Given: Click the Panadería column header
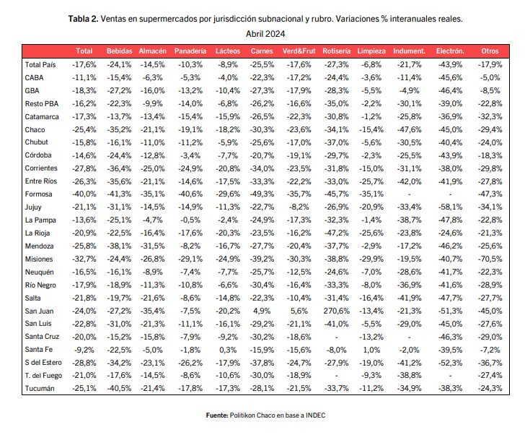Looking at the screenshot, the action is (x=190, y=51).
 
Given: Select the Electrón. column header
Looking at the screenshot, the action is (x=450, y=51).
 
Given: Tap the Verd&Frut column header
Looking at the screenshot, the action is (x=299, y=51).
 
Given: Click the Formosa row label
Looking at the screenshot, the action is (x=38, y=194).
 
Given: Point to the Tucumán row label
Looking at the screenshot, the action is (x=40, y=389).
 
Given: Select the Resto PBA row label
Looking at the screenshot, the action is (x=42, y=103).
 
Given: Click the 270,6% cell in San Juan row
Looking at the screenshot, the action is (x=337, y=311).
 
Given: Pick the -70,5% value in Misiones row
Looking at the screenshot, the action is (x=490, y=259).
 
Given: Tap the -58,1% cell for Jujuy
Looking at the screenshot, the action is (x=450, y=207).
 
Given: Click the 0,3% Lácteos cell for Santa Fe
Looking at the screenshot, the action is (x=228, y=350).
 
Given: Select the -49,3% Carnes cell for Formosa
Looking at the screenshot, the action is (x=262, y=194).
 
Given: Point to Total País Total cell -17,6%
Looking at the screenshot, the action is (x=84, y=65).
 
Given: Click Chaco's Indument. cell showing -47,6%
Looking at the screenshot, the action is (x=409, y=129).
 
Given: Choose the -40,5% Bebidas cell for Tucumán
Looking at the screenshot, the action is (x=119, y=389).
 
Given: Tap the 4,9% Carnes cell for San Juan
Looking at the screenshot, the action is (x=262, y=311).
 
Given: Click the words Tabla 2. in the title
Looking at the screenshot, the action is (x=84, y=19).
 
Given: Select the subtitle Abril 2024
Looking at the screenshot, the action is (x=265, y=34).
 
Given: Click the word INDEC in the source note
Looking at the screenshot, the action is (x=315, y=415).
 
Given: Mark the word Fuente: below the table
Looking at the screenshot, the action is (x=217, y=415).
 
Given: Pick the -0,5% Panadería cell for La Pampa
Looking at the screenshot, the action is (x=190, y=220).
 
